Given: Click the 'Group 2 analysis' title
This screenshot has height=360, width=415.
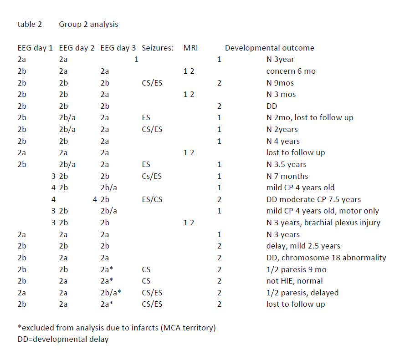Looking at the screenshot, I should (88, 25).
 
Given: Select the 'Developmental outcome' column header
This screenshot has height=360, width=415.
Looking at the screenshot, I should (269, 48).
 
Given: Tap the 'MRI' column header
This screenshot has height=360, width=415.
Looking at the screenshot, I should (190, 48).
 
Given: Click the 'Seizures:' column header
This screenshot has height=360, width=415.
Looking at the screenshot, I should (158, 48).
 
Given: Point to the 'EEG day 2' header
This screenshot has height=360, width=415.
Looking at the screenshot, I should (77, 48).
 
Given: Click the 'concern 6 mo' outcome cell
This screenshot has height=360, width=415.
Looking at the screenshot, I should (291, 71).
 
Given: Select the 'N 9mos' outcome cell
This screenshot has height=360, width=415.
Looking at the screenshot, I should (280, 83).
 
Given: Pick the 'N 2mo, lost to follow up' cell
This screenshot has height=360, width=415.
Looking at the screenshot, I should (310, 117).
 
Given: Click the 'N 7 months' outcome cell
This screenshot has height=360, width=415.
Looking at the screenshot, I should (287, 176).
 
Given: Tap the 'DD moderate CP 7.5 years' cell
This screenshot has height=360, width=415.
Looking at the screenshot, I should (313, 199).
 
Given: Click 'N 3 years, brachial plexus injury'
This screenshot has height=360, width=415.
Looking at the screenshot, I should (323, 223).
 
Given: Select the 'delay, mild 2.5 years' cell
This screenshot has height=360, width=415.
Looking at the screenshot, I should (303, 246).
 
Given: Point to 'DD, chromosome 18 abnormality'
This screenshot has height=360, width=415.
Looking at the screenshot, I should (326, 258).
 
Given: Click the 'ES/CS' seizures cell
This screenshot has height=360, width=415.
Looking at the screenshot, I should (152, 199).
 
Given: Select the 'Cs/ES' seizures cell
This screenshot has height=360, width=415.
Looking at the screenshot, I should (152, 176).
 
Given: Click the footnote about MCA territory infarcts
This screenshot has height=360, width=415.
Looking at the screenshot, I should (116, 328).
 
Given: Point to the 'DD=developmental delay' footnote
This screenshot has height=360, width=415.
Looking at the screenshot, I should (63, 340).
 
